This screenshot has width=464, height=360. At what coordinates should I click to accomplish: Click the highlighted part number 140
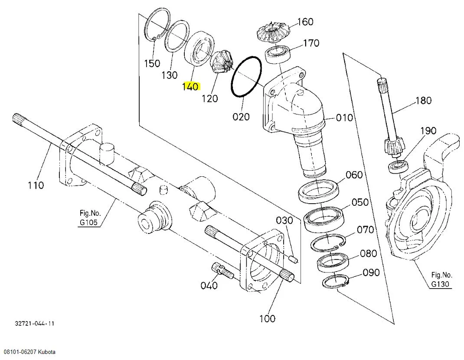click(190, 86)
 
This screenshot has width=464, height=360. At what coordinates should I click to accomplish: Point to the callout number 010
click(345, 117)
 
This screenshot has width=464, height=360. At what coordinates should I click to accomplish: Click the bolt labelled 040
click(221, 270)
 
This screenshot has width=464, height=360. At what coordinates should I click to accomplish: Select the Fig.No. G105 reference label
click(90, 218)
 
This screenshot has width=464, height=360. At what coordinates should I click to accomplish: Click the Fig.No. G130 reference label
click(441, 279)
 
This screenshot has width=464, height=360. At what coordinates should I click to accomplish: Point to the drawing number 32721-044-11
click(34, 324)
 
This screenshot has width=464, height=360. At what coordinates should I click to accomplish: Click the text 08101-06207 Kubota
click(29, 352)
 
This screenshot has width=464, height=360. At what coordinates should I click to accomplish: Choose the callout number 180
click(423, 101)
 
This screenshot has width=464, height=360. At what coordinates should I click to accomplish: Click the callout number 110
click(36, 185)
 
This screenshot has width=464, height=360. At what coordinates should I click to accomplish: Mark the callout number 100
click(267, 318)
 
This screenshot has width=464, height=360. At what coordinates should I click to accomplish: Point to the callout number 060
click(354, 175)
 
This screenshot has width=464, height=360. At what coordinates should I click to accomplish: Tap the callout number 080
click(368, 253)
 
